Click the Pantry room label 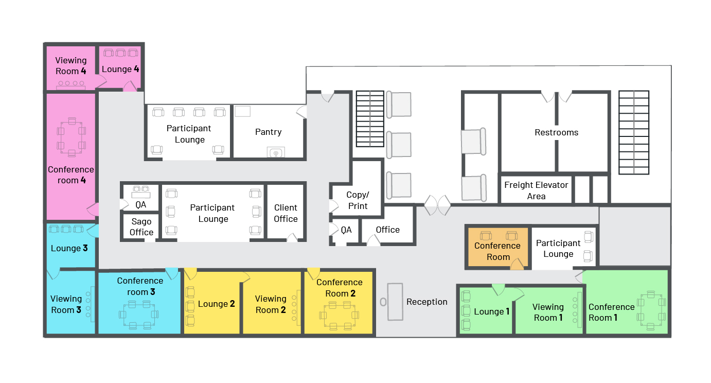pyautogui.click(x=268, y=132)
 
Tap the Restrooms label pyautogui.click(x=557, y=132)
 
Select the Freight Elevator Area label pyautogui.click(x=536, y=190)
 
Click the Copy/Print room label pyautogui.click(x=358, y=200)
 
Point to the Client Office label pyautogui.click(x=286, y=213)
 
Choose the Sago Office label pyautogui.click(x=141, y=227)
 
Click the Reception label pyautogui.click(x=427, y=302)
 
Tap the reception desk pyautogui.click(x=395, y=302)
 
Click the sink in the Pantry pyautogui.click(x=276, y=152)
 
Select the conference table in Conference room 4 pyautogui.click(x=72, y=137)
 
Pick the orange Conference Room pyautogui.click(x=497, y=248)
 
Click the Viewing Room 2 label pyautogui.click(x=271, y=304)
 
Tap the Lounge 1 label pyautogui.click(x=492, y=311)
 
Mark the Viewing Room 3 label pyautogui.click(x=66, y=304)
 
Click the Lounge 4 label pyautogui.click(x=120, y=69)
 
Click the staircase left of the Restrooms pyautogui.click(x=370, y=119)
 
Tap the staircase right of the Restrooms pyautogui.click(x=634, y=132)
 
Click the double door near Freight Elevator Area pyautogui.click(x=437, y=205)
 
